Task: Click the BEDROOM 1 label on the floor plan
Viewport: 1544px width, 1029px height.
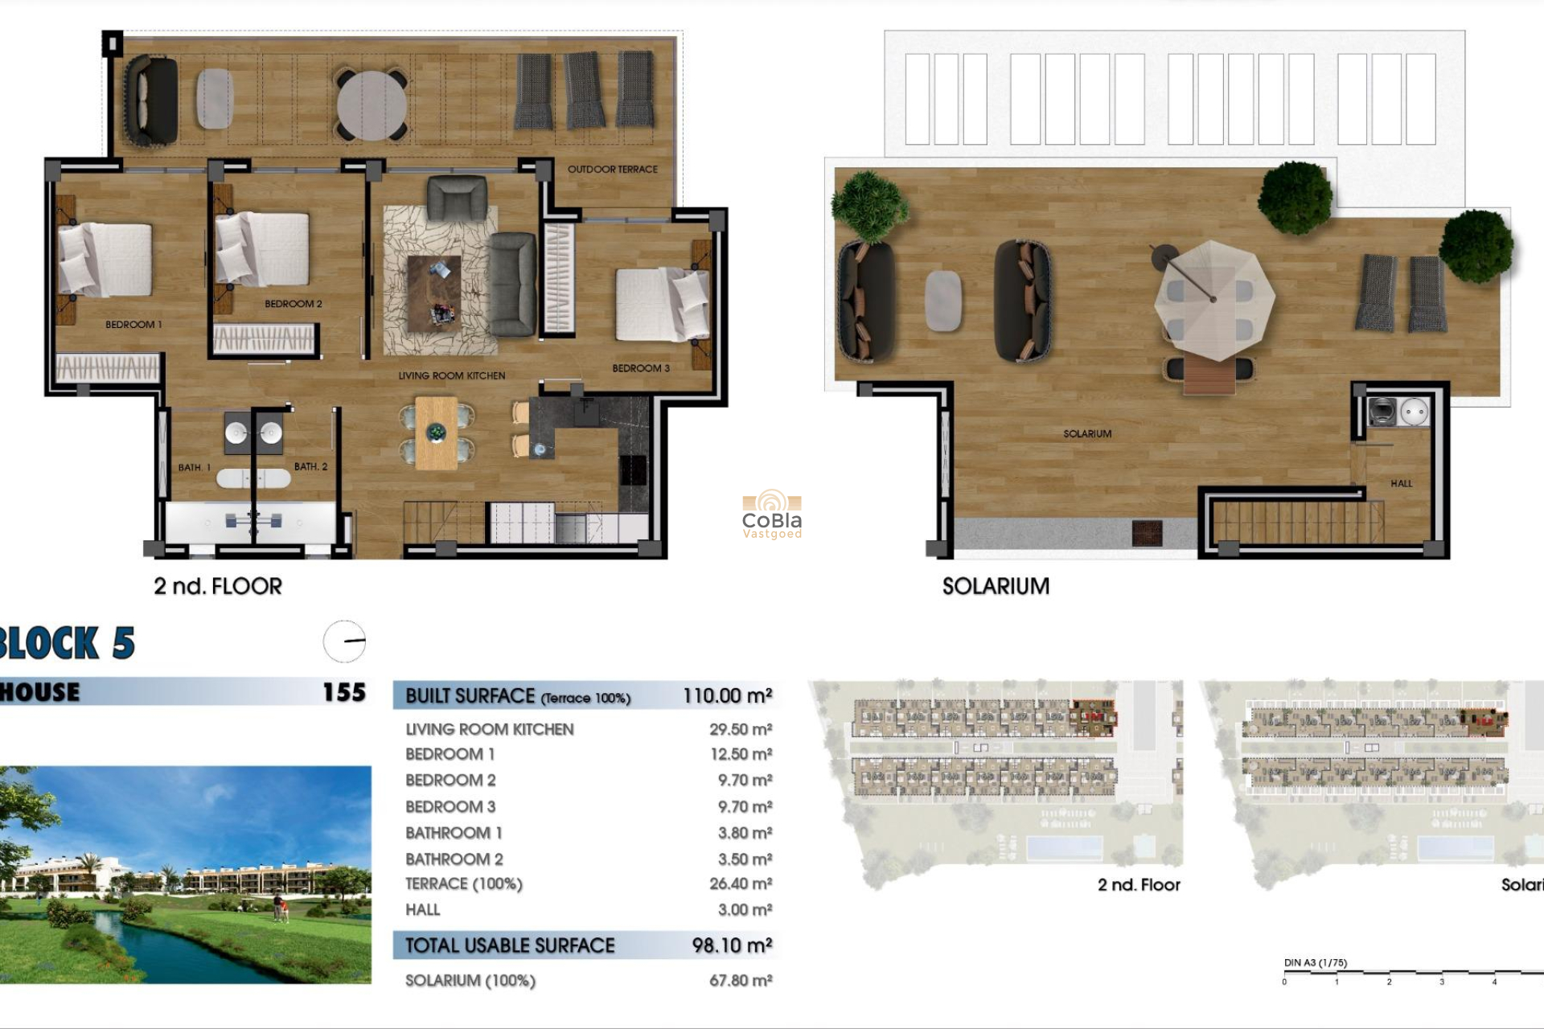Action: pyautogui.click(x=133, y=325)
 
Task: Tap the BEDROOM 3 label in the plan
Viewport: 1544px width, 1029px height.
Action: pyautogui.click(x=640, y=368)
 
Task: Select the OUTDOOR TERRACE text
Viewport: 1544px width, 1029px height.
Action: pyautogui.click(x=612, y=170)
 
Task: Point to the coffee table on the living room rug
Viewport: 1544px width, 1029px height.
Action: pyautogui.click(x=434, y=293)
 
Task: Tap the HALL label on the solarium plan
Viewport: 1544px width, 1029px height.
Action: pyautogui.click(x=1401, y=484)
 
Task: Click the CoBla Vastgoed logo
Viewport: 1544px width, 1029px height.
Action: pyautogui.click(x=771, y=515)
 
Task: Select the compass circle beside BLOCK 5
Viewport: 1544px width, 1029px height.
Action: pyautogui.click(x=345, y=642)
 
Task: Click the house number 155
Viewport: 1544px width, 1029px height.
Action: pyautogui.click(x=343, y=692)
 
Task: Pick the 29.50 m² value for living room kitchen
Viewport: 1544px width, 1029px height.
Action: pyautogui.click(x=740, y=730)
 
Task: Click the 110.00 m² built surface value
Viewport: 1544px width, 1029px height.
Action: pyautogui.click(x=727, y=696)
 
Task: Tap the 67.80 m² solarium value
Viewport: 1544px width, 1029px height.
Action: pyautogui.click(x=740, y=981)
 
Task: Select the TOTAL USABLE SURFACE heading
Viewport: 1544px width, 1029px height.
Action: pyautogui.click(x=510, y=946)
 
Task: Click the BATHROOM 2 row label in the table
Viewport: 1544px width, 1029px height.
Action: pyautogui.click(x=454, y=859)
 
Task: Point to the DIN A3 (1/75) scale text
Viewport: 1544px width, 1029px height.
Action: pyautogui.click(x=1315, y=963)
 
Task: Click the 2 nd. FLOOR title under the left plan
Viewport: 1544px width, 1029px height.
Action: pyautogui.click(x=218, y=587)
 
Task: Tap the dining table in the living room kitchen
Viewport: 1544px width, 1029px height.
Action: pyautogui.click(x=437, y=433)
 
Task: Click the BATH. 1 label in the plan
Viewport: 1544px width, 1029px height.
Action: pyautogui.click(x=194, y=468)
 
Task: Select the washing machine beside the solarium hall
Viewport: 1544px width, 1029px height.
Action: pyautogui.click(x=1382, y=412)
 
